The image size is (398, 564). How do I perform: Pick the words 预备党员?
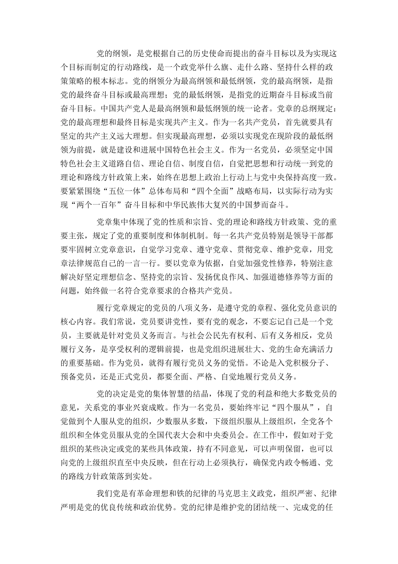(78, 376)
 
